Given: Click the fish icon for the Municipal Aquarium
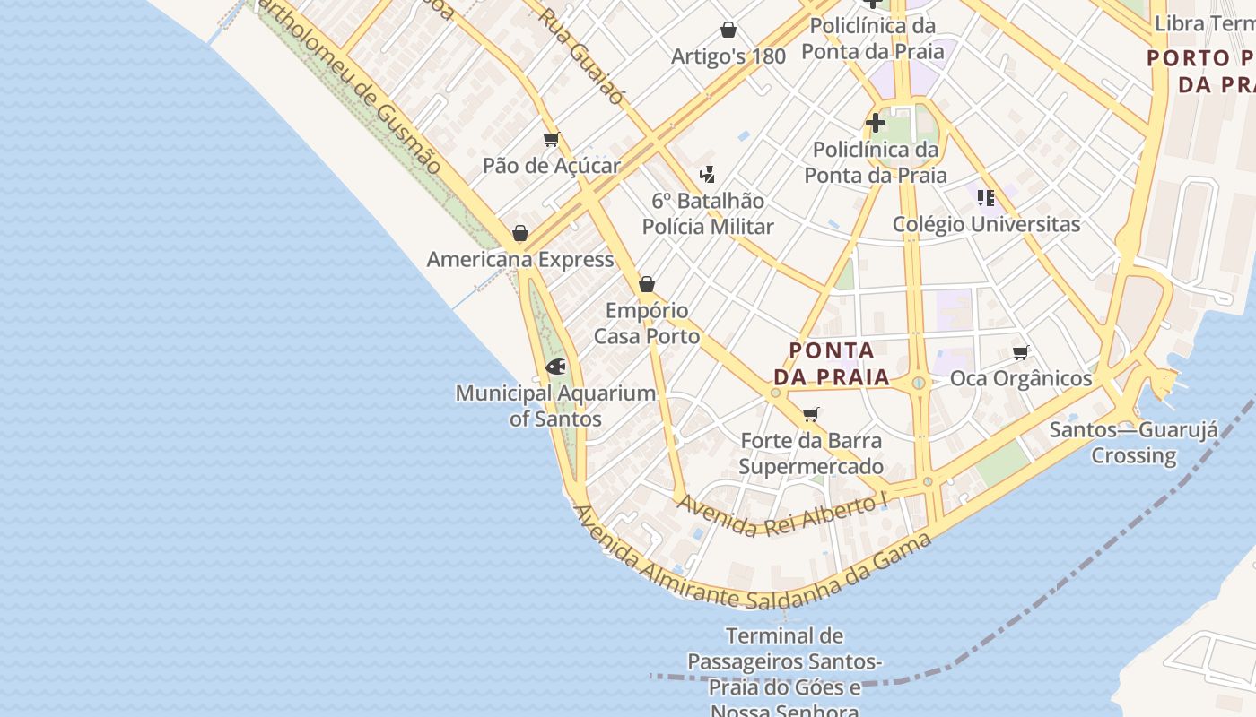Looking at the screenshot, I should (x=555, y=367).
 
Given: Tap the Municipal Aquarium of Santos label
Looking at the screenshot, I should (x=555, y=405).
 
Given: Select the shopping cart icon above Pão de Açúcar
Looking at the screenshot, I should (x=551, y=139).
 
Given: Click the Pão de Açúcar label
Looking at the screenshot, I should (x=551, y=166).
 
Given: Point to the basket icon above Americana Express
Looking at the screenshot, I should (x=519, y=234).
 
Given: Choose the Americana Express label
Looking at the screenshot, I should (x=519, y=260).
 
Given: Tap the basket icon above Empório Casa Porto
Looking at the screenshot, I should (x=646, y=285).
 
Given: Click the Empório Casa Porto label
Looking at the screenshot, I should (x=646, y=324).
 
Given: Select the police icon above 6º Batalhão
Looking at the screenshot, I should (x=707, y=174).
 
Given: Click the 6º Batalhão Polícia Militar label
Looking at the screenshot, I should (x=707, y=213).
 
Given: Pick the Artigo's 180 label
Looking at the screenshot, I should (x=728, y=56).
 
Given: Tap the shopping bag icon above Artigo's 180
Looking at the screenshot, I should (x=728, y=30).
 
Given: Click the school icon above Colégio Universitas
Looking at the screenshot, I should (x=986, y=198).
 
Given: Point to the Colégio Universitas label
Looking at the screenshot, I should (x=986, y=224).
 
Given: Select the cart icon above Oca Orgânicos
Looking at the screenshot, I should (x=1020, y=352).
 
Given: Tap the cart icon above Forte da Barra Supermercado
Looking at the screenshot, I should (x=811, y=414).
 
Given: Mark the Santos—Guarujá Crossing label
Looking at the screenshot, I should (x=1133, y=442).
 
